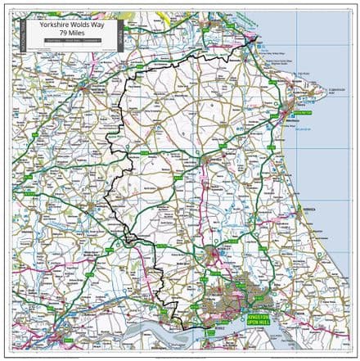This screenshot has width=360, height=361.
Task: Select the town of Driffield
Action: pos(214,161)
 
